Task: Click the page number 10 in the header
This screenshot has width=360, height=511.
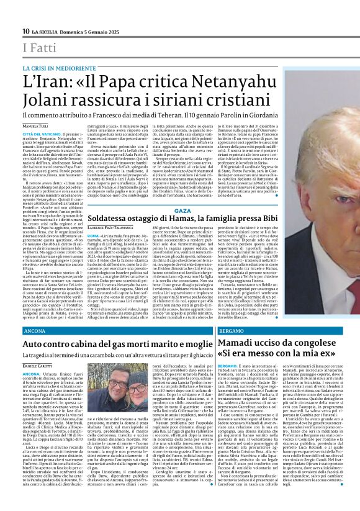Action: [x=26, y=31]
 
